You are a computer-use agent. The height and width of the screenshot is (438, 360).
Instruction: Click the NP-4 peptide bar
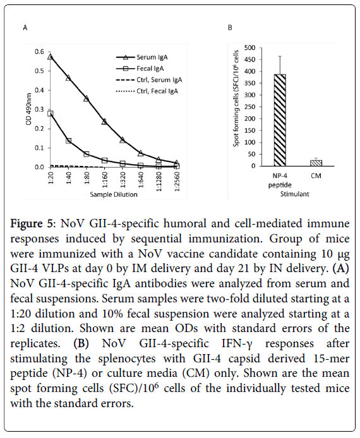tap(280, 120)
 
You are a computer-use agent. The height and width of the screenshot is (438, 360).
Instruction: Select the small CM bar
tap(316, 163)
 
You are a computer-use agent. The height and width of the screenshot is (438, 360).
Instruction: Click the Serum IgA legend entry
tap(141, 57)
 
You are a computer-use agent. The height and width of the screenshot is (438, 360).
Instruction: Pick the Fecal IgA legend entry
tap(140, 68)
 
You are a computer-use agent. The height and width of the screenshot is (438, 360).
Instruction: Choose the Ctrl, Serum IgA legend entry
tap(149, 80)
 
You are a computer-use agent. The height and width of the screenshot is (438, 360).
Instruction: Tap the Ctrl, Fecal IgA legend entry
tap(147, 91)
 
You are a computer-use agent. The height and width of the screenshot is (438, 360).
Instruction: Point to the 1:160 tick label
tap(105, 182)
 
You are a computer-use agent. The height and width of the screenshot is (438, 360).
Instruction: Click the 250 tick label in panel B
tap(250, 107)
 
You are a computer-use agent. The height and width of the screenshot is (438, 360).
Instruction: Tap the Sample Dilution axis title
tap(114, 194)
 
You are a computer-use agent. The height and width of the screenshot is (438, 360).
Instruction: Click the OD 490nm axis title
tap(28, 109)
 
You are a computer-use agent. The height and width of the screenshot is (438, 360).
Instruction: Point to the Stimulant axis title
tap(294, 194)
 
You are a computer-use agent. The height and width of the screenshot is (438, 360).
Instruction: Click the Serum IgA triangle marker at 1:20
tap(51, 56)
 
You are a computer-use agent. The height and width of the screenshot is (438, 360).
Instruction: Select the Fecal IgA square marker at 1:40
tap(68, 141)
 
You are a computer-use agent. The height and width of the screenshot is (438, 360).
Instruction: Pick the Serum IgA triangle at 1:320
tap(123, 140)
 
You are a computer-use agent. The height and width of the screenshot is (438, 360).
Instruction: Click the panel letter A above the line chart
tap(25, 28)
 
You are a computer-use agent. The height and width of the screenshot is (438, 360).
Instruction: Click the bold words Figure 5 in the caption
tap(32, 224)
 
